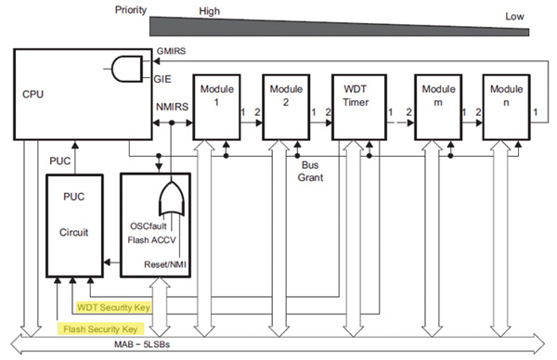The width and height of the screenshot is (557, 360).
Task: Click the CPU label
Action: (x=33, y=94)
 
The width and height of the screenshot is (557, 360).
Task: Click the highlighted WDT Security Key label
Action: (x=112, y=304)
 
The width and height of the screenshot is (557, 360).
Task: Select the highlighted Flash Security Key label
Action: (x=102, y=327)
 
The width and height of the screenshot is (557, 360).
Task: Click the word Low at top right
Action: (x=514, y=16)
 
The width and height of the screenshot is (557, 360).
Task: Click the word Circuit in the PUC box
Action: (x=73, y=233)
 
